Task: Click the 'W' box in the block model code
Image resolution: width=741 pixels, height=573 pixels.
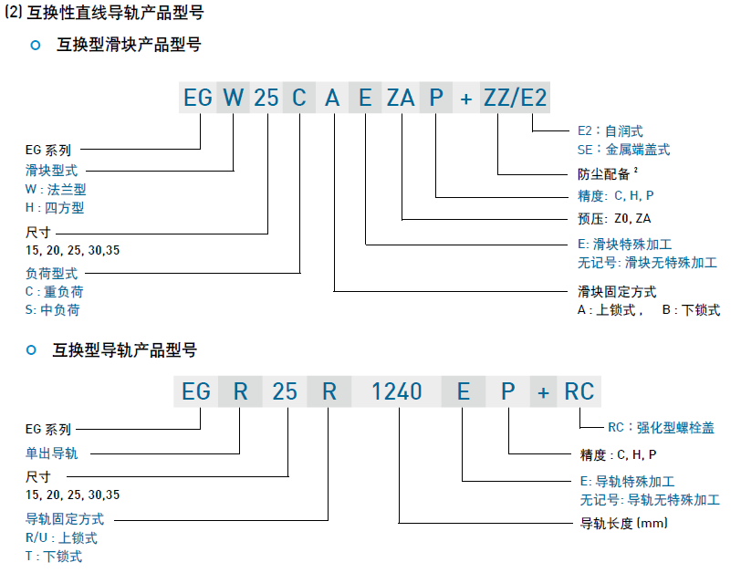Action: coord(235,98)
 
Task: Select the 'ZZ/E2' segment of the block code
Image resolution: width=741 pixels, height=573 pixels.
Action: coord(516,98)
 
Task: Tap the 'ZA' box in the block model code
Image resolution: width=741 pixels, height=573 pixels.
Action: coord(401,98)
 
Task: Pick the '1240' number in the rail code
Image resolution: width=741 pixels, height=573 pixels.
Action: coord(397,391)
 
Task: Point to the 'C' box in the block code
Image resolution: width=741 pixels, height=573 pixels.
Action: coord(298,98)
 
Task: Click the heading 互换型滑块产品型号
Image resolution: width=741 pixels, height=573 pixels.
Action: coord(129,45)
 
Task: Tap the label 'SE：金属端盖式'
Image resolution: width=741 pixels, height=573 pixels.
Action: coord(624,150)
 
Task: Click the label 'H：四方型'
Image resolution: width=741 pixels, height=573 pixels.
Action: coord(55,208)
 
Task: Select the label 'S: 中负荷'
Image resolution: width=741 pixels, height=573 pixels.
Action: coord(52,310)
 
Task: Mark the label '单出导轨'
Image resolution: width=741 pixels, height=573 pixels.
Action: coord(51,453)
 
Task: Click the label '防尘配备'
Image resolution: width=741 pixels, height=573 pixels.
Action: coord(605,173)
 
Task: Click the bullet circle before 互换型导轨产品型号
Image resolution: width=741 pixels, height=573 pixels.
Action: coord(32,350)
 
